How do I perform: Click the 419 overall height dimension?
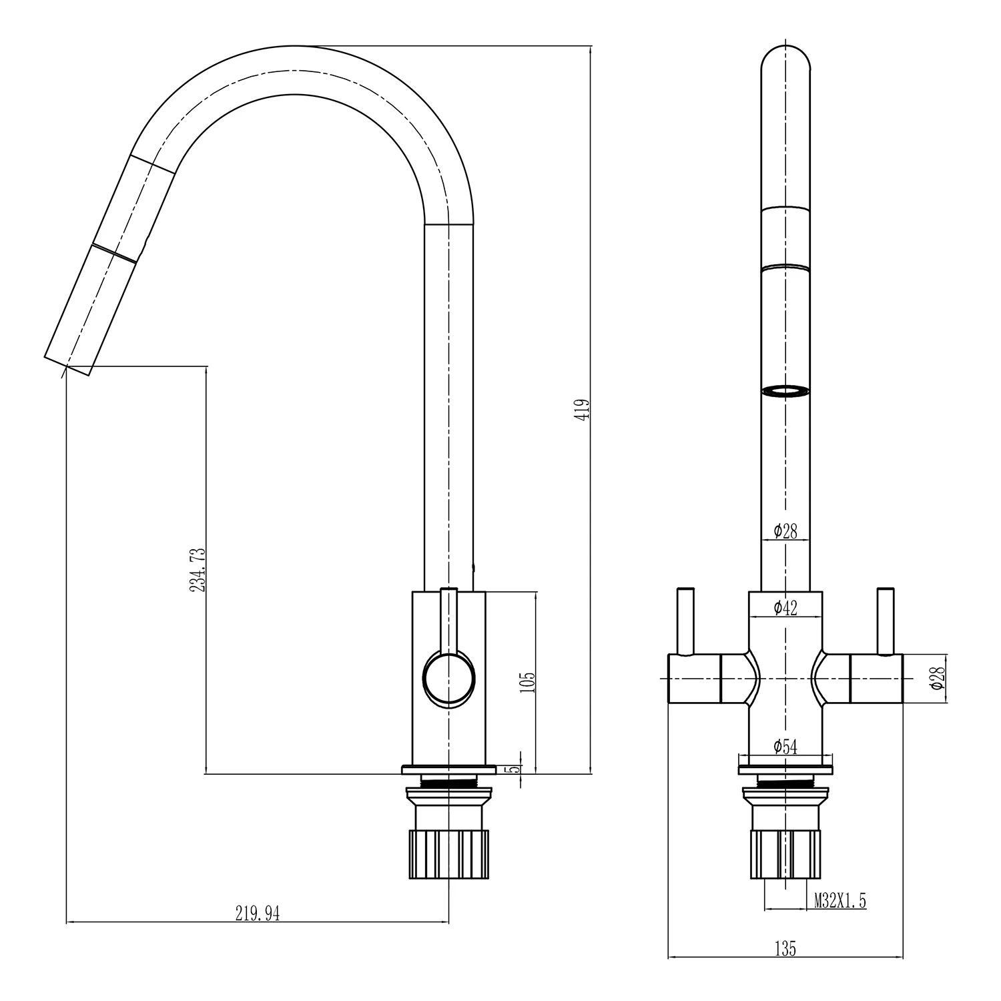pos(585,410)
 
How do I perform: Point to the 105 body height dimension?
pos(527,682)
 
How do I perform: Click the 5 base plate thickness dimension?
pos(515,769)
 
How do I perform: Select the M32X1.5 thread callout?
pos(840,902)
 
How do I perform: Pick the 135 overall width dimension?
pos(785,948)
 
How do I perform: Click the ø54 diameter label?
pos(785,747)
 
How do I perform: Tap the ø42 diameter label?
pos(785,607)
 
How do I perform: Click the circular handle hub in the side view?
pos(449,678)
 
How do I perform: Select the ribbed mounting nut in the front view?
pos(785,854)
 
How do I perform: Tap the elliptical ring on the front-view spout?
pos(785,392)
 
